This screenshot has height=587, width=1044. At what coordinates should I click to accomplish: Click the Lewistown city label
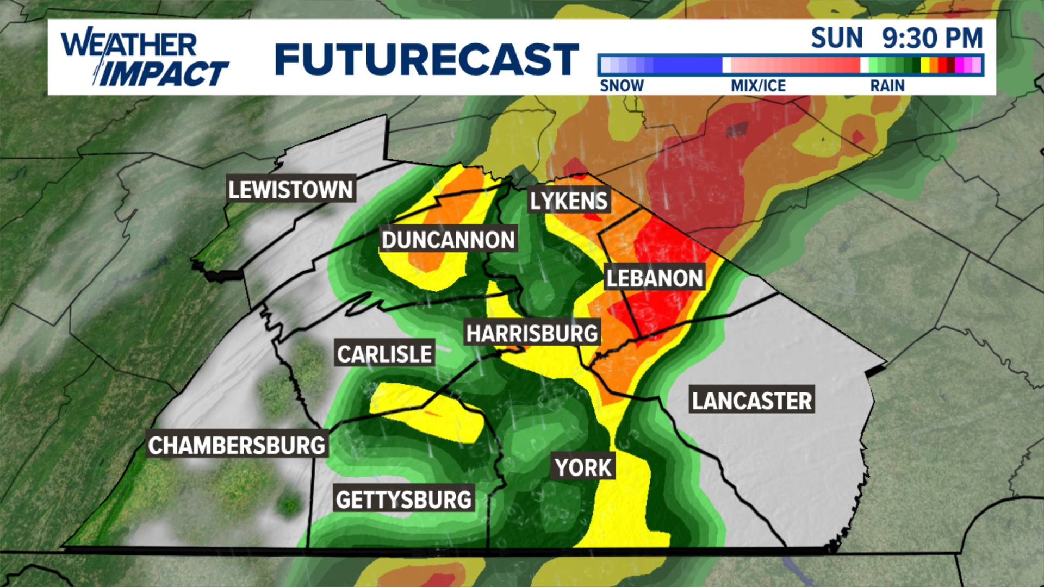click(291, 189)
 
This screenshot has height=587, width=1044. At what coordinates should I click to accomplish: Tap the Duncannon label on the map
click(448, 240)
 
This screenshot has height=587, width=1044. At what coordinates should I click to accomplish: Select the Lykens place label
click(569, 201)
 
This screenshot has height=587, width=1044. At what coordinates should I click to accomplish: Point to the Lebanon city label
click(655, 278)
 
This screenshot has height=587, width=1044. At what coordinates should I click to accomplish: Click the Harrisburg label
click(532, 333)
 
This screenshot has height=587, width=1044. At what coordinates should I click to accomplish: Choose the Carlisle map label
click(384, 354)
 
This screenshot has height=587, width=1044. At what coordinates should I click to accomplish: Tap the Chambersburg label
click(237, 445)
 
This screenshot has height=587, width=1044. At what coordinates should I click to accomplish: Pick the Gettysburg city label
click(403, 499)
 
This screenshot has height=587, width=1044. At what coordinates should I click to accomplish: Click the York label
click(583, 467)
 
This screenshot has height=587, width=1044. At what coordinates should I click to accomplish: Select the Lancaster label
click(751, 401)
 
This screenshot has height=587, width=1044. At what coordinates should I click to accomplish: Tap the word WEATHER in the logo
click(129, 45)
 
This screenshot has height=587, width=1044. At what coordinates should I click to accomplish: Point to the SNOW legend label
click(622, 85)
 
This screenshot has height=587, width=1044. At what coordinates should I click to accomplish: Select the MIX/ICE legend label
click(758, 85)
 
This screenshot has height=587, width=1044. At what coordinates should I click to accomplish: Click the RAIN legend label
click(887, 85)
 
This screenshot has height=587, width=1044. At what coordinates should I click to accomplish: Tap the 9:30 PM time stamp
click(932, 38)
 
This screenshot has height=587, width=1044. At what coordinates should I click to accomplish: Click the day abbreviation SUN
click(836, 38)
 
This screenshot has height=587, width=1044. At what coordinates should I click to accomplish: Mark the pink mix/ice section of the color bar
click(794, 65)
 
